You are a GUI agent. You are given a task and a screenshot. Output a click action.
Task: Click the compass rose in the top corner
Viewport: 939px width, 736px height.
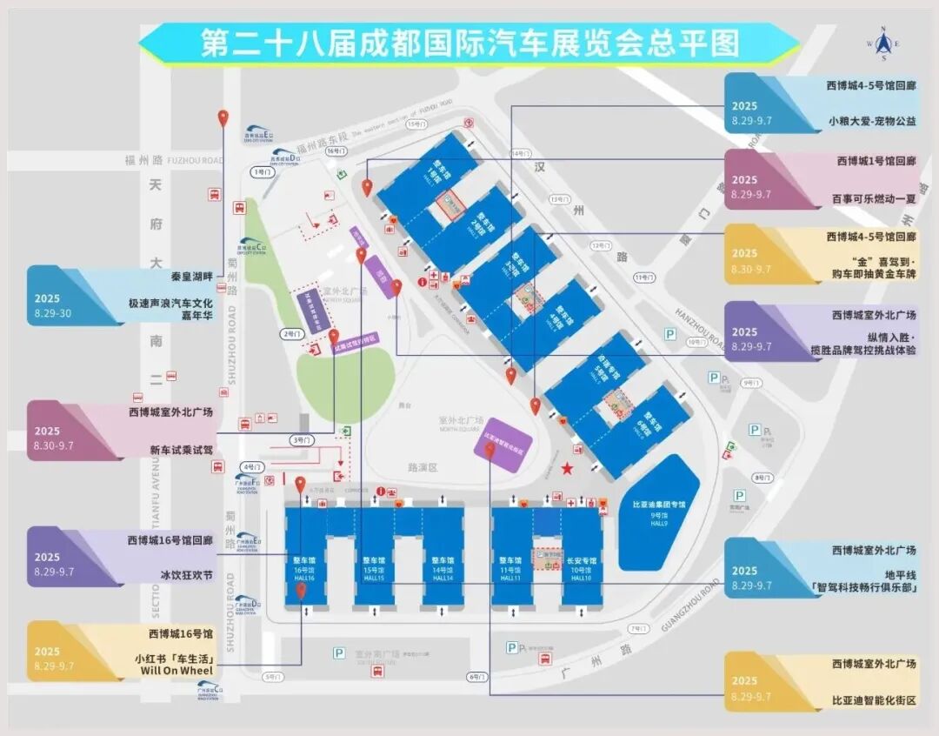[x=884, y=44]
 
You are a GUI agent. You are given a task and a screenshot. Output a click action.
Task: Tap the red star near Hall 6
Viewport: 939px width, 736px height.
[x=568, y=470]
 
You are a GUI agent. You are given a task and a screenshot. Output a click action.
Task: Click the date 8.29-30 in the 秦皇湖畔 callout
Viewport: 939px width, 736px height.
[x=53, y=313]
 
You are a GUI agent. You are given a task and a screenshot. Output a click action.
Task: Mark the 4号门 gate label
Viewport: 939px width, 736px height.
[x=252, y=467]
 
